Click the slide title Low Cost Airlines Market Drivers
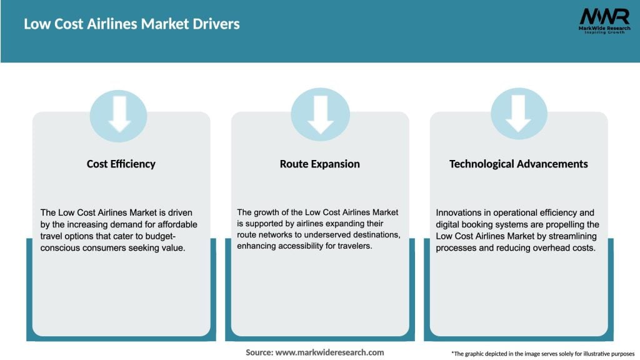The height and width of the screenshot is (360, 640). [132, 24]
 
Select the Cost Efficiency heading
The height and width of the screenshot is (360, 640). [121, 164]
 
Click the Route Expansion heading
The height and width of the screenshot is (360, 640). [319, 164]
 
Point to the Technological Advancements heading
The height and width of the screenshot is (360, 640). [518, 164]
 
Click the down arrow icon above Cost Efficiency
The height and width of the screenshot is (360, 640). [119, 116]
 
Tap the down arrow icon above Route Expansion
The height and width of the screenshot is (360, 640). [320, 116]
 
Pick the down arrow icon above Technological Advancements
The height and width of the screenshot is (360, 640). [519, 116]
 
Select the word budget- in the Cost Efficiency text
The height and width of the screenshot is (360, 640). [176, 236]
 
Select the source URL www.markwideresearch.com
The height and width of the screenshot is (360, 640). [330, 352]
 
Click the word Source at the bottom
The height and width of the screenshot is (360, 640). [258, 352]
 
